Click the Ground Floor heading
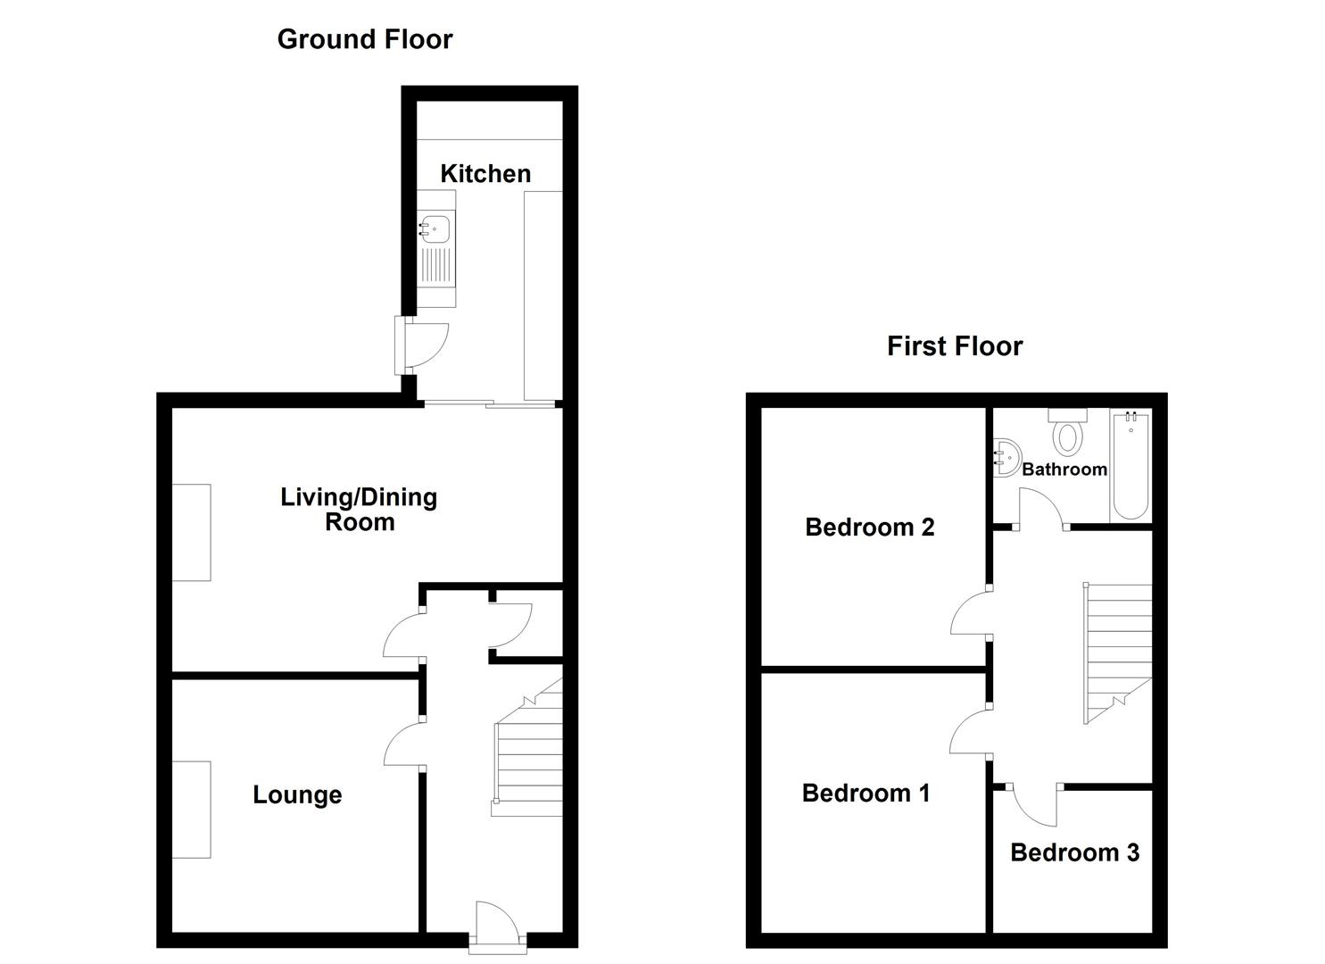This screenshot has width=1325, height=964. point(364,39)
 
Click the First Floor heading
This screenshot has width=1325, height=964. point(955,346)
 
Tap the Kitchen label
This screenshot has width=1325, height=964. point(485,174)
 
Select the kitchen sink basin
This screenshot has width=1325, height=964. point(435,229)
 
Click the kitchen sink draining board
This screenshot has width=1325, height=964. point(436,265)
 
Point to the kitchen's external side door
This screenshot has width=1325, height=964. point(422,345)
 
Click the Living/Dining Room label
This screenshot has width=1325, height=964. point(359,510)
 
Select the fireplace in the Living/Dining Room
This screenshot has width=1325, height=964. point(192,532)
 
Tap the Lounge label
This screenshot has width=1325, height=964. point(297,794)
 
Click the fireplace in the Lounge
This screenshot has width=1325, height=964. point(192,810)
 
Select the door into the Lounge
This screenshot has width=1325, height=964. point(404,744)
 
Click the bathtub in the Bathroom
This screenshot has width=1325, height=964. point(1130,466)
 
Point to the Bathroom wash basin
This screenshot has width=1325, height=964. point(1006,457)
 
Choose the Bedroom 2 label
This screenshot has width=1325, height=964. point(870,528)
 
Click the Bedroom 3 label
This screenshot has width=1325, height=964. point(1075,852)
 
